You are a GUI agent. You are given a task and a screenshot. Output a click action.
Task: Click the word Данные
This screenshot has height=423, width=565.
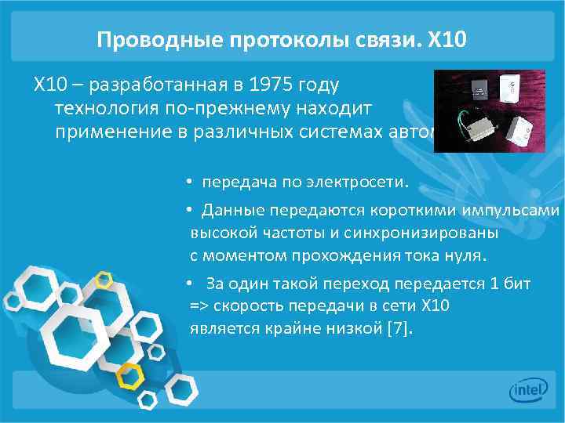click(x=233, y=211)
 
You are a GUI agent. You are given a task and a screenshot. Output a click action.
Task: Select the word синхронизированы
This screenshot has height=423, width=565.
click(x=425, y=233)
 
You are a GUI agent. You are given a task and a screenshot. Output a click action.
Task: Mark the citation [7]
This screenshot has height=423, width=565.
click(x=399, y=328)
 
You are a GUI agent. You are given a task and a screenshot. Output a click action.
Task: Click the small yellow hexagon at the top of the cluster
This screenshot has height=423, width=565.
click(x=103, y=277)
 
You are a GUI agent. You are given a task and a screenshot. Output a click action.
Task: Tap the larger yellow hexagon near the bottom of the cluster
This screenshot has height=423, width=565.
click(x=130, y=375)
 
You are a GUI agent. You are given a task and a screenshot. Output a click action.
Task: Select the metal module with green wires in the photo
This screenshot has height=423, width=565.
click(x=468, y=125)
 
